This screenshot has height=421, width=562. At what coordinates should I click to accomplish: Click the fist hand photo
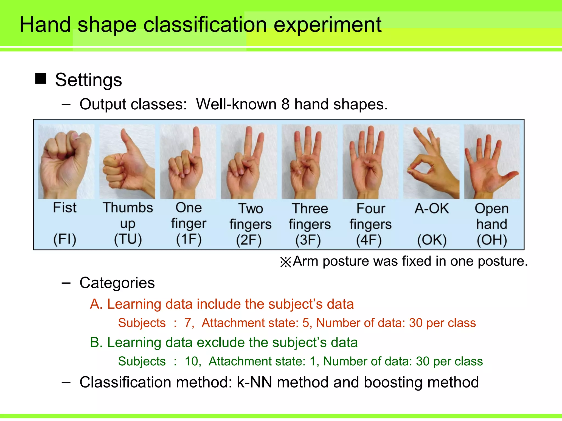pyautogui.click(x=66, y=162)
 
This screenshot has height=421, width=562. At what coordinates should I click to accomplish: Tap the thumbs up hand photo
pyautogui.click(x=127, y=162)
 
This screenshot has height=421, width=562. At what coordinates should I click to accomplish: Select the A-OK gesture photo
pyautogui.click(x=431, y=162)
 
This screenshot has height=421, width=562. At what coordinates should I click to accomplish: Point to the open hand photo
pyautogui.click(x=492, y=162)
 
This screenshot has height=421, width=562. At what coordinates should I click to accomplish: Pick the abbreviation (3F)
pyautogui.click(x=308, y=240)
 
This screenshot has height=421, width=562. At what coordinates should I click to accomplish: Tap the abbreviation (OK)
pyautogui.click(x=432, y=240)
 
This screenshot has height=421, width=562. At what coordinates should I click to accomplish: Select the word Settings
pyautogui.click(x=88, y=80)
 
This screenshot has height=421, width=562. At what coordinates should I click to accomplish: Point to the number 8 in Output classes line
pyautogui.click(x=285, y=104)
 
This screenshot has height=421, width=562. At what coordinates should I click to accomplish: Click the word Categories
pyautogui.click(x=117, y=283)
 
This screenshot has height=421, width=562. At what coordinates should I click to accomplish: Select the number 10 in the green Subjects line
pyautogui.click(x=192, y=361)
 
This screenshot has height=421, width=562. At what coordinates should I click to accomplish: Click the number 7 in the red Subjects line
pyautogui.click(x=188, y=323)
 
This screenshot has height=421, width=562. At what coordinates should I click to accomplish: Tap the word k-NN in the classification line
pyautogui.click(x=254, y=382)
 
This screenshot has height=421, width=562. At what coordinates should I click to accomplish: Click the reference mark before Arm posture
pyautogui.click(x=286, y=262)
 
